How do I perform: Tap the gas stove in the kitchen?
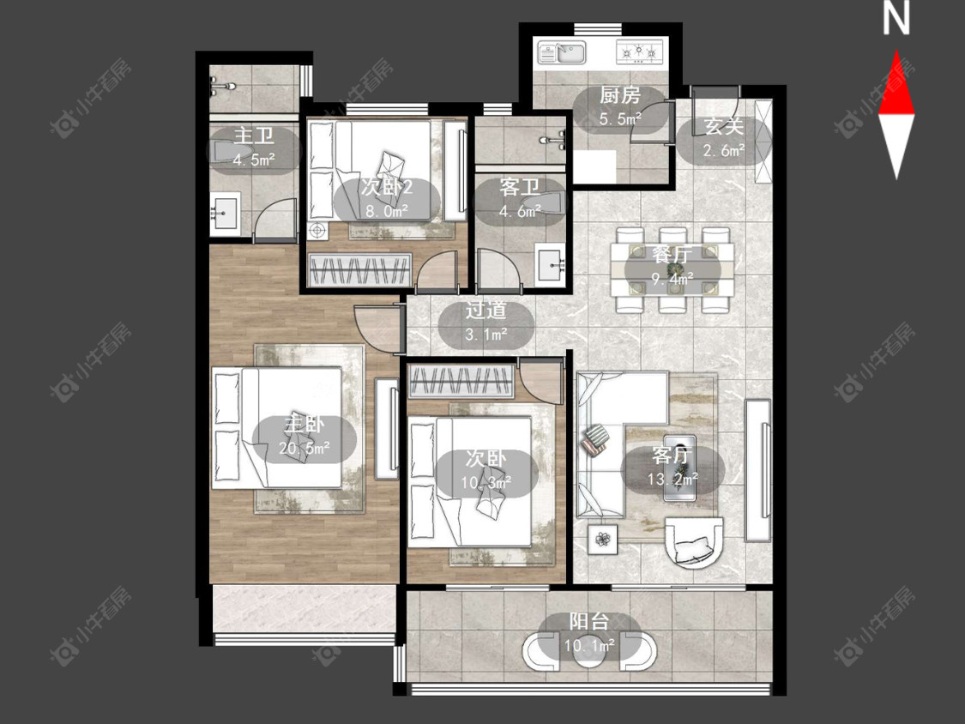(640, 51)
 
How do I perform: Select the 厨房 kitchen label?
(619, 95)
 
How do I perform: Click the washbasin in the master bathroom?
(225, 214)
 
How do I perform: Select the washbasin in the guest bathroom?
(550, 265)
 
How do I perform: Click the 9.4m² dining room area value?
(672, 278)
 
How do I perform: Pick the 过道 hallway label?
(486, 311)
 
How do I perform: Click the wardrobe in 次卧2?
(359, 270)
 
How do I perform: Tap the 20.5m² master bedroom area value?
(304, 448)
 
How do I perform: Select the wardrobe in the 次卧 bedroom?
(461, 382)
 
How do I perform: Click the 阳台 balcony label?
(588, 622)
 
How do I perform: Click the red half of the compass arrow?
(896, 84)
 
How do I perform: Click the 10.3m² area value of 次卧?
(486, 483)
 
